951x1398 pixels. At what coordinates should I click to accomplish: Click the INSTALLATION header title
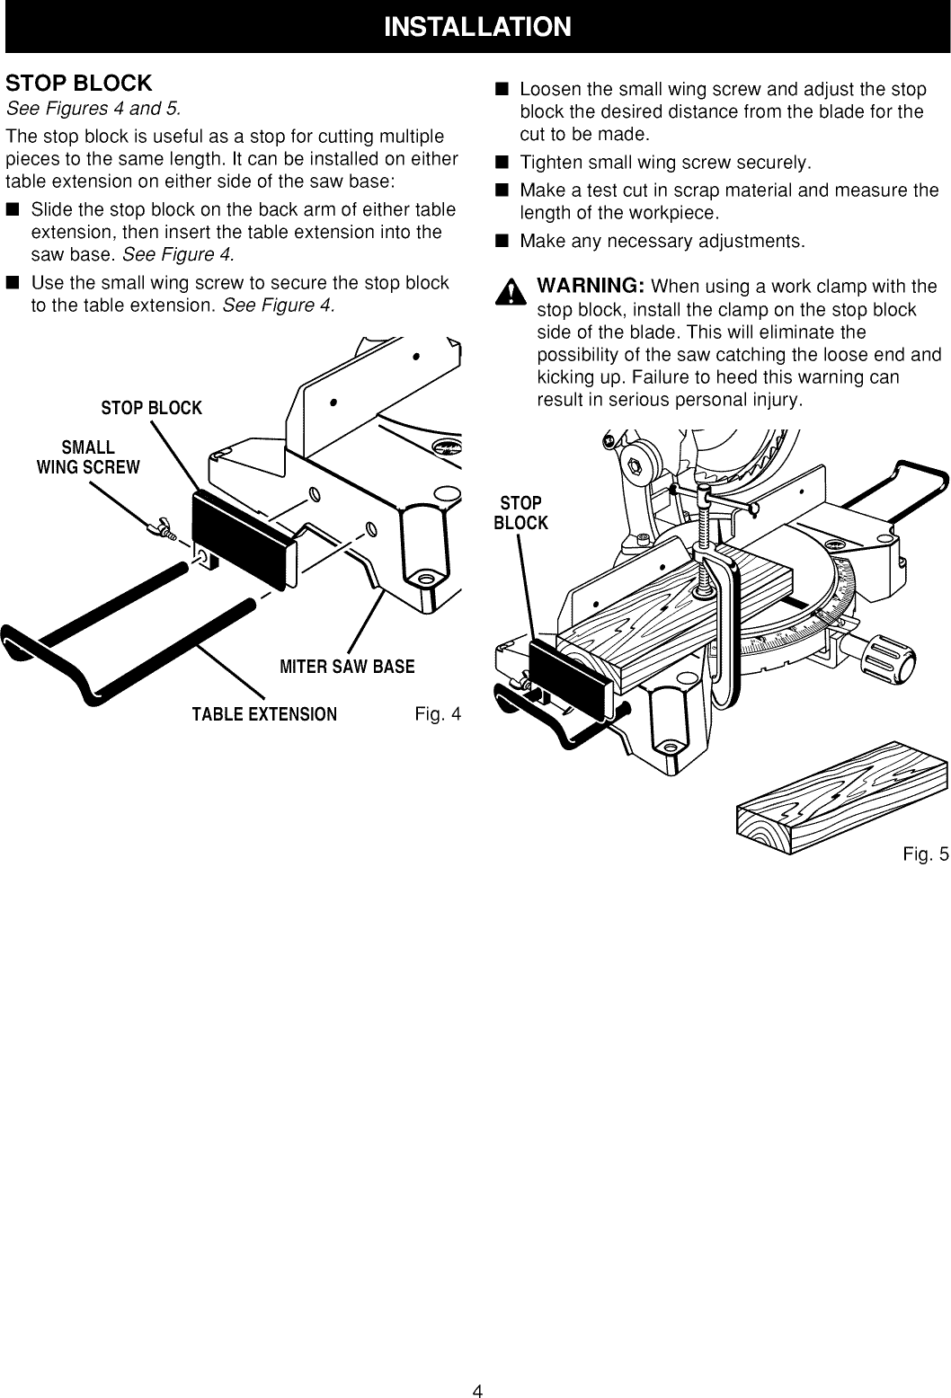476,26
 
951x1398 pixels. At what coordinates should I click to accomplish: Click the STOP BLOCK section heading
79,84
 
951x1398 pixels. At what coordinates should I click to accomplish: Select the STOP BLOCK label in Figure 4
151,409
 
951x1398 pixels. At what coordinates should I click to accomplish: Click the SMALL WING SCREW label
88,456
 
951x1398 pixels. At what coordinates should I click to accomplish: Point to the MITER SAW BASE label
347,666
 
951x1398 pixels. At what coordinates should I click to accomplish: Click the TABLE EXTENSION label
263,714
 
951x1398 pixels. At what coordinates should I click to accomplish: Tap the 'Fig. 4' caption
438,714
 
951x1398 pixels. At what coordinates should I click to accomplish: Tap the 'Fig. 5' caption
926,854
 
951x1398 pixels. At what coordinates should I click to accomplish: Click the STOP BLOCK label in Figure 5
520,513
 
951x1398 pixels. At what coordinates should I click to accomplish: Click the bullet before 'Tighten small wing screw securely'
502,163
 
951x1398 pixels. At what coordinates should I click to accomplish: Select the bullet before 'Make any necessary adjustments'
502,242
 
